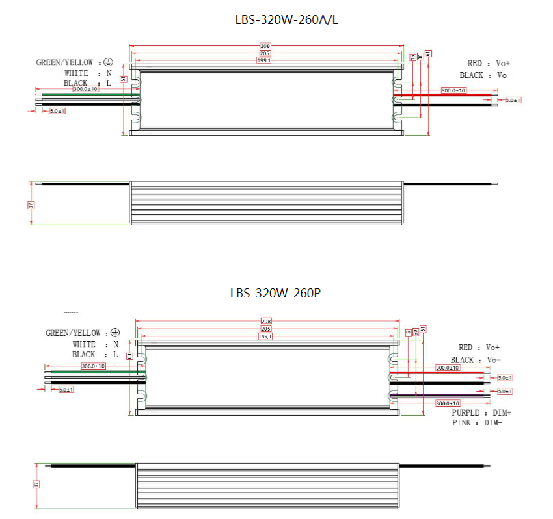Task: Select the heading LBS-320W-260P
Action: [x=275, y=293]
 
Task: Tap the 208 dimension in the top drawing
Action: [x=265, y=47]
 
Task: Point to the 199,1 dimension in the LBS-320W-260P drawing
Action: [x=265, y=336]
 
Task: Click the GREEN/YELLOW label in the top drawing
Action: [x=64, y=62]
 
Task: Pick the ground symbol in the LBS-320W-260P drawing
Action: [x=115, y=333]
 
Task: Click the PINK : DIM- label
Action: [x=476, y=423]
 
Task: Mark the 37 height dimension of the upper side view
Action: [x=31, y=205]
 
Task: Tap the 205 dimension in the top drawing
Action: [x=265, y=53]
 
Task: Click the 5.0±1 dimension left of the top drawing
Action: [x=57, y=111]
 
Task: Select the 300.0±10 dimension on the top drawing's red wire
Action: [x=453, y=90]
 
